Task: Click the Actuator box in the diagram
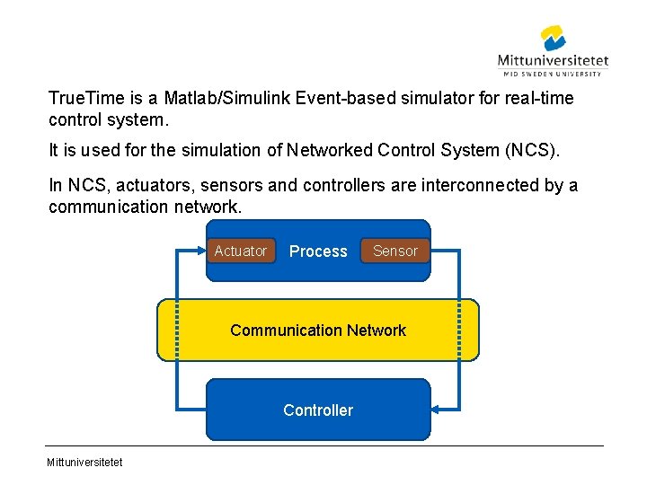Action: pos(240,251)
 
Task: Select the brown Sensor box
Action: pos(395,251)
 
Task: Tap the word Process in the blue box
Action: pos(318,251)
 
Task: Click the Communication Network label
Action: pos(318,331)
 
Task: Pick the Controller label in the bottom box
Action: pos(318,410)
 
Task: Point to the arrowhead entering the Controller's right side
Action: pos(437,410)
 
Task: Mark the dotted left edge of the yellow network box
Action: pos(178,330)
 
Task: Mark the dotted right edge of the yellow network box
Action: pos(459,330)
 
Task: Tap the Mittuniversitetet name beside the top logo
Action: pos(553,61)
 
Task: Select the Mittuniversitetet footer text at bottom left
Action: pos(86,463)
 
